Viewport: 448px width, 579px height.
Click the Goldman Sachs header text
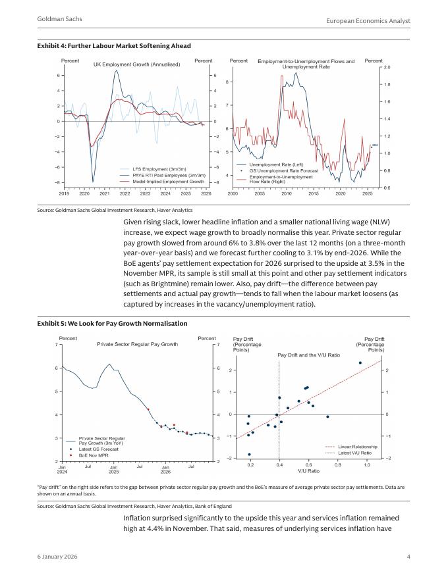[x=60, y=19]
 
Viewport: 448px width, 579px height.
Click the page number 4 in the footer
[x=408, y=558]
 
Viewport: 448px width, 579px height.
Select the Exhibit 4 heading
[x=115, y=45]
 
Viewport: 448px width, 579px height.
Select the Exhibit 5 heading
[x=113, y=324]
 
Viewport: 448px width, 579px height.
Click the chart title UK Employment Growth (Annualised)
[x=136, y=64]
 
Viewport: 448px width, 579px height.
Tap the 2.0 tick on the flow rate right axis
[x=387, y=68]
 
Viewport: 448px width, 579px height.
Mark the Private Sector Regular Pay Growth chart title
[x=137, y=344]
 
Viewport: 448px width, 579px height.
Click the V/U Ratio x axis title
[x=308, y=471]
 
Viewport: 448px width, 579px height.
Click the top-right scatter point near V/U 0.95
[x=360, y=363]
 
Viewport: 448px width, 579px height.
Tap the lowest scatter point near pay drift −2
[x=249, y=455]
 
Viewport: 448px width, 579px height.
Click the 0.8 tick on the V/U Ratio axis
[x=338, y=465]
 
